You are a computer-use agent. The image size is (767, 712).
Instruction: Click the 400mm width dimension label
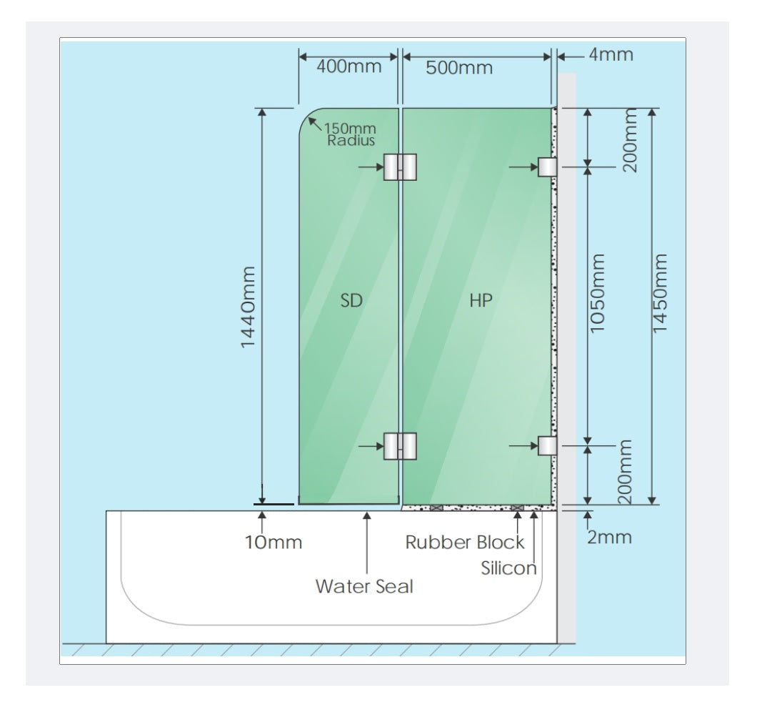pyautogui.click(x=349, y=66)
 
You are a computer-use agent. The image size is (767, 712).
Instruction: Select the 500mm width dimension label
pyautogui.click(x=459, y=67)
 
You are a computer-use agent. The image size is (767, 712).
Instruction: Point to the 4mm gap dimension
pyautogui.click(x=611, y=54)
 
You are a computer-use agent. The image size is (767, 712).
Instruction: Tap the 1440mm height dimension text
pyautogui.click(x=248, y=307)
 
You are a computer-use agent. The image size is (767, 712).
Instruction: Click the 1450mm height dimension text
pyautogui.click(x=660, y=293)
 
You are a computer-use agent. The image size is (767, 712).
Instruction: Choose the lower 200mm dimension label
pyautogui.click(x=625, y=472)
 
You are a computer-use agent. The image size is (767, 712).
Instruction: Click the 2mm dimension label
pyautogui.click(x=609, y=537)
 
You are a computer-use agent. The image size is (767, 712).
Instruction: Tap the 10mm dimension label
pyautogui.click(x=273, y=543)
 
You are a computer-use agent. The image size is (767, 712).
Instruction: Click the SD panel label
pyautogui.click(x=351, y=301)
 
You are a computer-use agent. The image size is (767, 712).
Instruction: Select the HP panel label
pyautogui.click(x=481, y=301)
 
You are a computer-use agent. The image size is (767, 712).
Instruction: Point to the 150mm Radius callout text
pyautogui.click(x=350, y=134)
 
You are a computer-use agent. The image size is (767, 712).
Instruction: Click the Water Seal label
pyautogui.click(x=364, y=587)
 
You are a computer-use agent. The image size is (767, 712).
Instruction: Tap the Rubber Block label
pyautogui.click(x=465, y=542)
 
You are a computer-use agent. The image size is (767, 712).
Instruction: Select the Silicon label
pyautogui.click(x=508, y=568)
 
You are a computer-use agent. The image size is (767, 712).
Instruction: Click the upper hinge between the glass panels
pyautogui.click(x=400, y=167)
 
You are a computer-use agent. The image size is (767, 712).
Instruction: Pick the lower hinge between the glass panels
pyautogui.click(x=400, y=446)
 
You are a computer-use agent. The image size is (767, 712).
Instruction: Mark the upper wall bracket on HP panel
pyautogui.click(x=547, y=167)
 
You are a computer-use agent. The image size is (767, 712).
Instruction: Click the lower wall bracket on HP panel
pyautogui.click(x=547, y=446)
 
